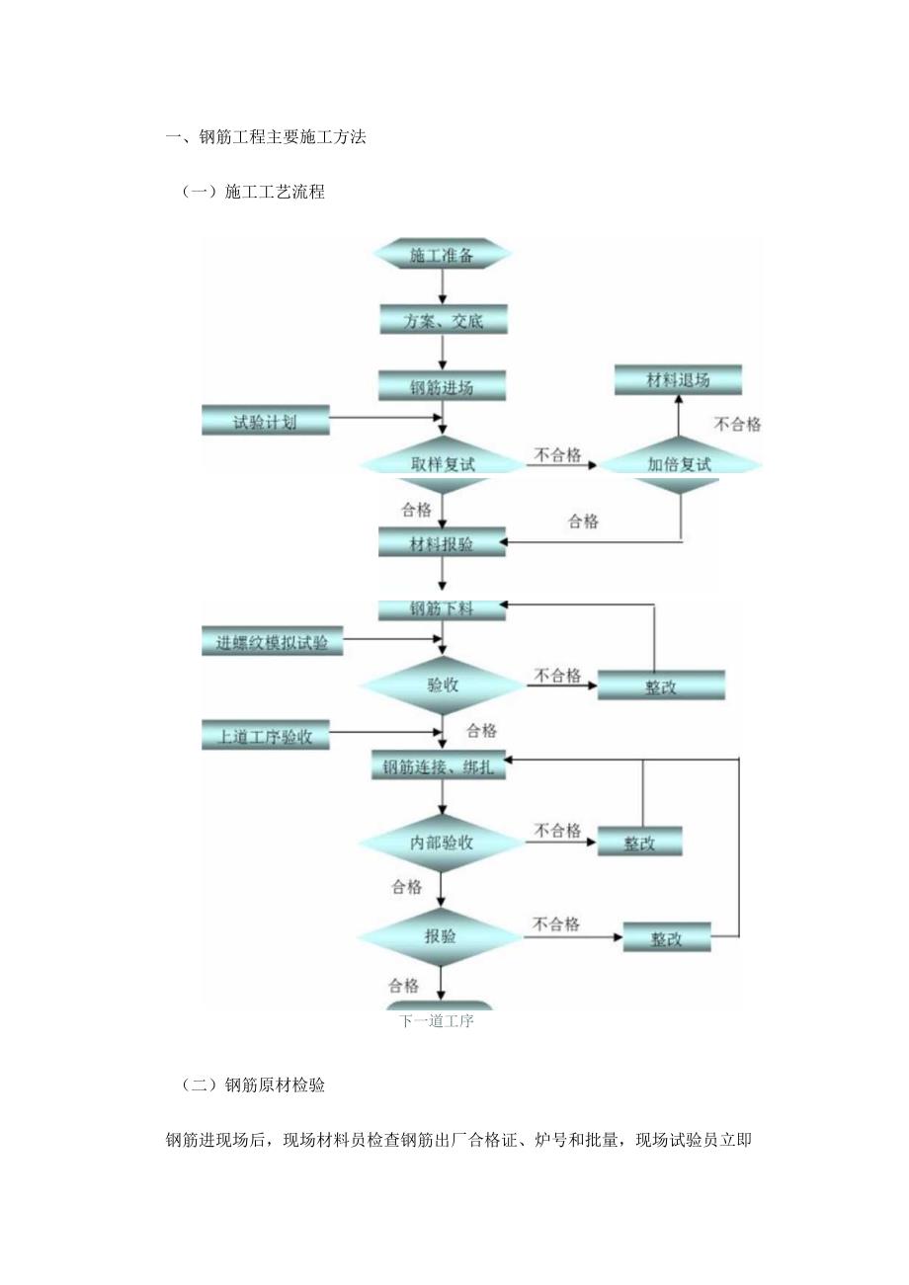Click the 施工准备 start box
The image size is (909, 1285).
coord(442,255)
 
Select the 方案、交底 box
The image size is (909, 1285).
coord(442,320)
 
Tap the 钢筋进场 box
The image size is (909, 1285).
coord(442,386)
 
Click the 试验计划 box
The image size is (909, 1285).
coord(265,421)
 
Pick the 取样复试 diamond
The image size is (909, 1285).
coord(442,462)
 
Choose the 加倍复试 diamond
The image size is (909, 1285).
coord(680,462)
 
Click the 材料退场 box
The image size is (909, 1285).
coord(678,380)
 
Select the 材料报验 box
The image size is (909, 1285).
coord(442,542)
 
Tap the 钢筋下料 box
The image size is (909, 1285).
coord(442,608)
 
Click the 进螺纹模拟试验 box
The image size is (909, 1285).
coord(273,642)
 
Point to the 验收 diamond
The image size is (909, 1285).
coord(442,683)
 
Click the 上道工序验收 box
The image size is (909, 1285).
coord(266,736)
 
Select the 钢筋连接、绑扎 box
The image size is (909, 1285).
coord(440,765)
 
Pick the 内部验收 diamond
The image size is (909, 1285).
coord(442,843)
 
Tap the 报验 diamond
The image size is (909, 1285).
coord(442,935)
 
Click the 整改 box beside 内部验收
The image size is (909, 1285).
coord(639,843)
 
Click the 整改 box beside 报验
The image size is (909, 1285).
coord(667,937)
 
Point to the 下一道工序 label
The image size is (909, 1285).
coord(437,1021)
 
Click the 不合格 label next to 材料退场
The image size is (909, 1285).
coord(738,424)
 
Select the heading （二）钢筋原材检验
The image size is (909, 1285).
coord(254,1084)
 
